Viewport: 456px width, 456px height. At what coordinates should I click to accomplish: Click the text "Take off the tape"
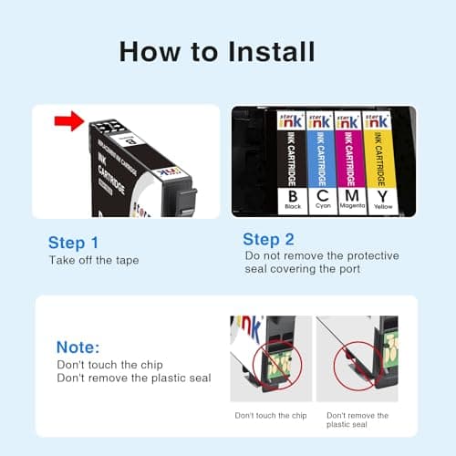coord(95,261)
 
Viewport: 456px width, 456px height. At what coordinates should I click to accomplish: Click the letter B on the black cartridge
coord(291,195)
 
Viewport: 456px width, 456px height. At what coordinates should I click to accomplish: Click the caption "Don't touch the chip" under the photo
coord(269,415)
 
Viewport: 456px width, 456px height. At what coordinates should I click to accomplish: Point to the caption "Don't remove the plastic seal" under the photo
coord(357,420)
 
